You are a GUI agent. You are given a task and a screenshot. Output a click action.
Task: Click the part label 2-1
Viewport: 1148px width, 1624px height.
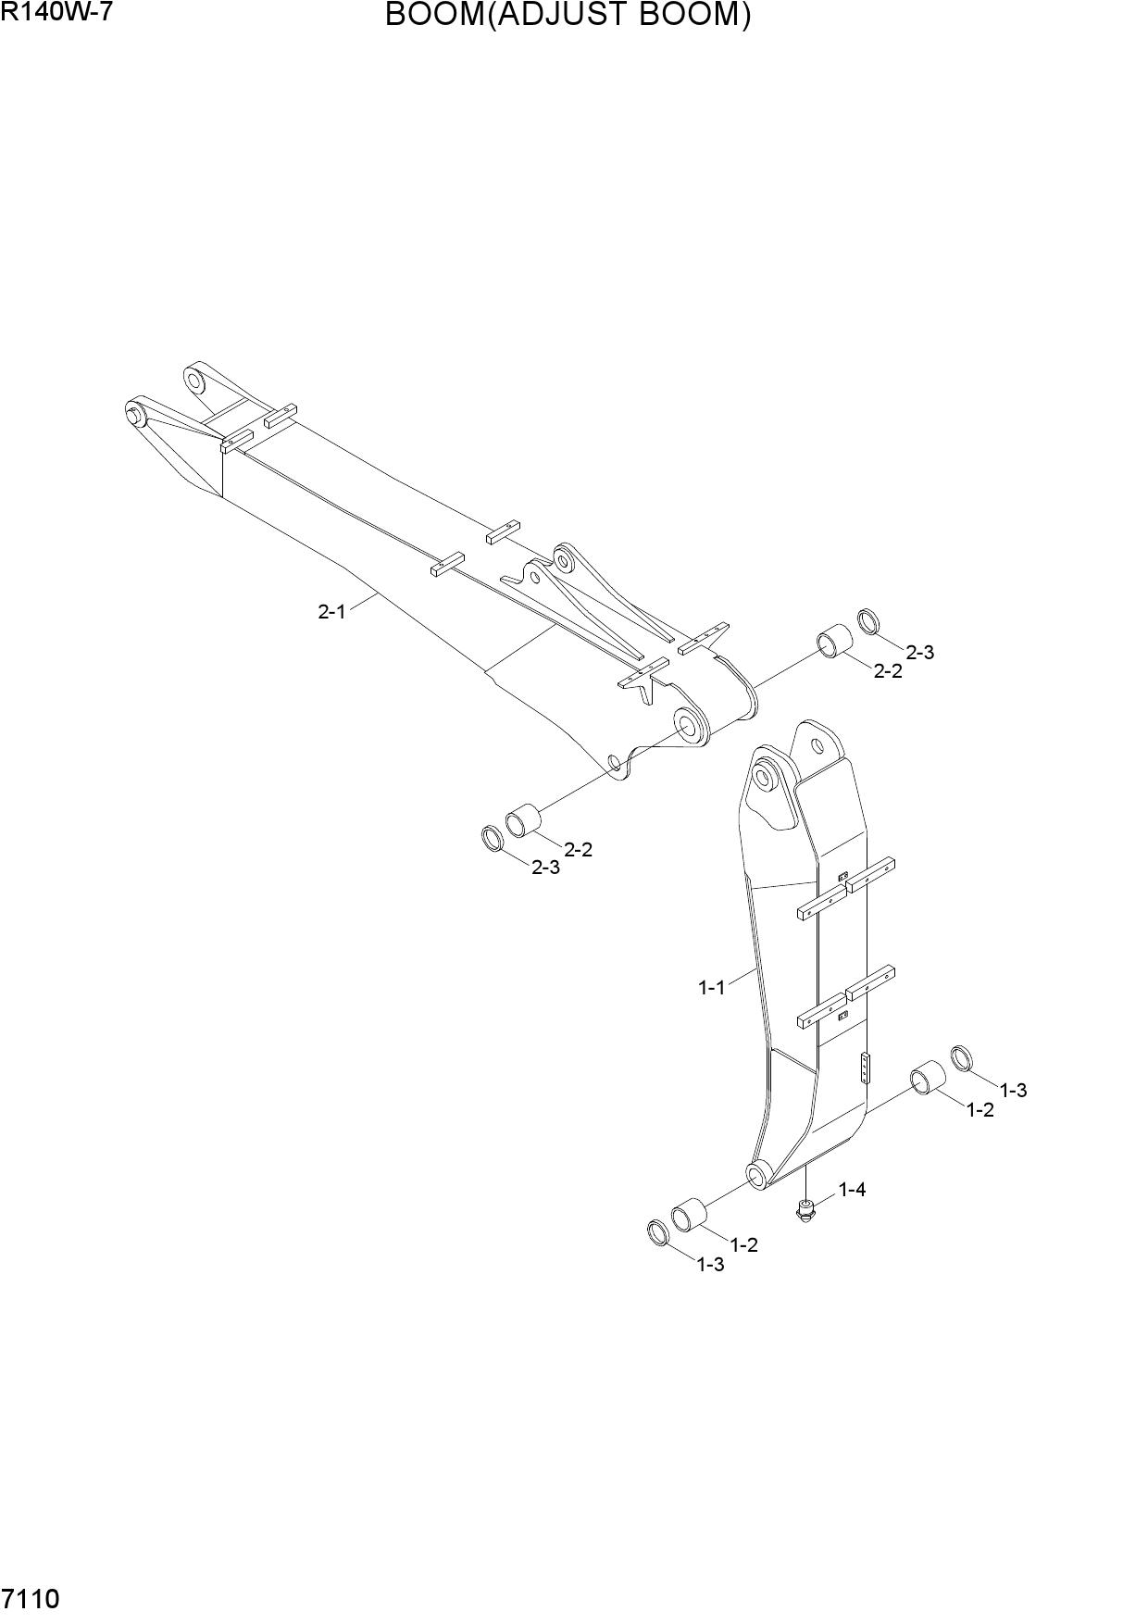(331, 611)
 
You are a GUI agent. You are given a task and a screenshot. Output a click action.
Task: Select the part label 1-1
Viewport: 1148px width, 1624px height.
(711, 988)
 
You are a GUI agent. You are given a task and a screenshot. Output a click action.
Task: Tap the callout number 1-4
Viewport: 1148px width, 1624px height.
(852, 1189)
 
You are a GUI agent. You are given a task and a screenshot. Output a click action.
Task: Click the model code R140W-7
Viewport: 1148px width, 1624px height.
(56, 13)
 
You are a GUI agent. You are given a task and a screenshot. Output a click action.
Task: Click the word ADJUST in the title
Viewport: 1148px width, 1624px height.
(562, 16)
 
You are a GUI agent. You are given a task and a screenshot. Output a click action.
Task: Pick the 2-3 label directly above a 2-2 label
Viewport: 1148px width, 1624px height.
(919, 652)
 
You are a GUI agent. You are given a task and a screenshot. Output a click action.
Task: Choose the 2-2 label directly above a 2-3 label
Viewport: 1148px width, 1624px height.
(578, 849)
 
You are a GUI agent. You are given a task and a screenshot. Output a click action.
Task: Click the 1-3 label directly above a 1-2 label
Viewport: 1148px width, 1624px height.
(1013, 1090)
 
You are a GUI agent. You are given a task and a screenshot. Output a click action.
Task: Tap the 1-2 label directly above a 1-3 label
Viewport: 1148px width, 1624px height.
(743, 1245)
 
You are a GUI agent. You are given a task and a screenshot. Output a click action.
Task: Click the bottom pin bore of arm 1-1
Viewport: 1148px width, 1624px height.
(756, 1176)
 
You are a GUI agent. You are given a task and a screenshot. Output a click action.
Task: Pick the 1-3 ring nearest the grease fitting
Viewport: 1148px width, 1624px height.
(658, 1232)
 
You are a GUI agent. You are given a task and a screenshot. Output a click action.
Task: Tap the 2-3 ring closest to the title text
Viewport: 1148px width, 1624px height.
(867, 621)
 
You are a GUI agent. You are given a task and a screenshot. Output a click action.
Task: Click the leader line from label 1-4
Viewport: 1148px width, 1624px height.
(826, 1197)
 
